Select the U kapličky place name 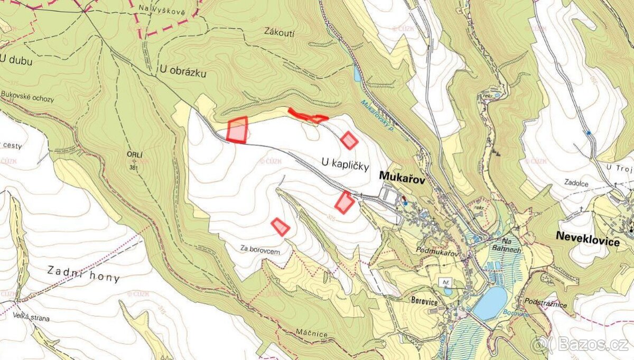[344, 164]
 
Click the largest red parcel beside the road [237, 130]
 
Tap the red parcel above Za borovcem [280, 227]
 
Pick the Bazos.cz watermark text [588, 345]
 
